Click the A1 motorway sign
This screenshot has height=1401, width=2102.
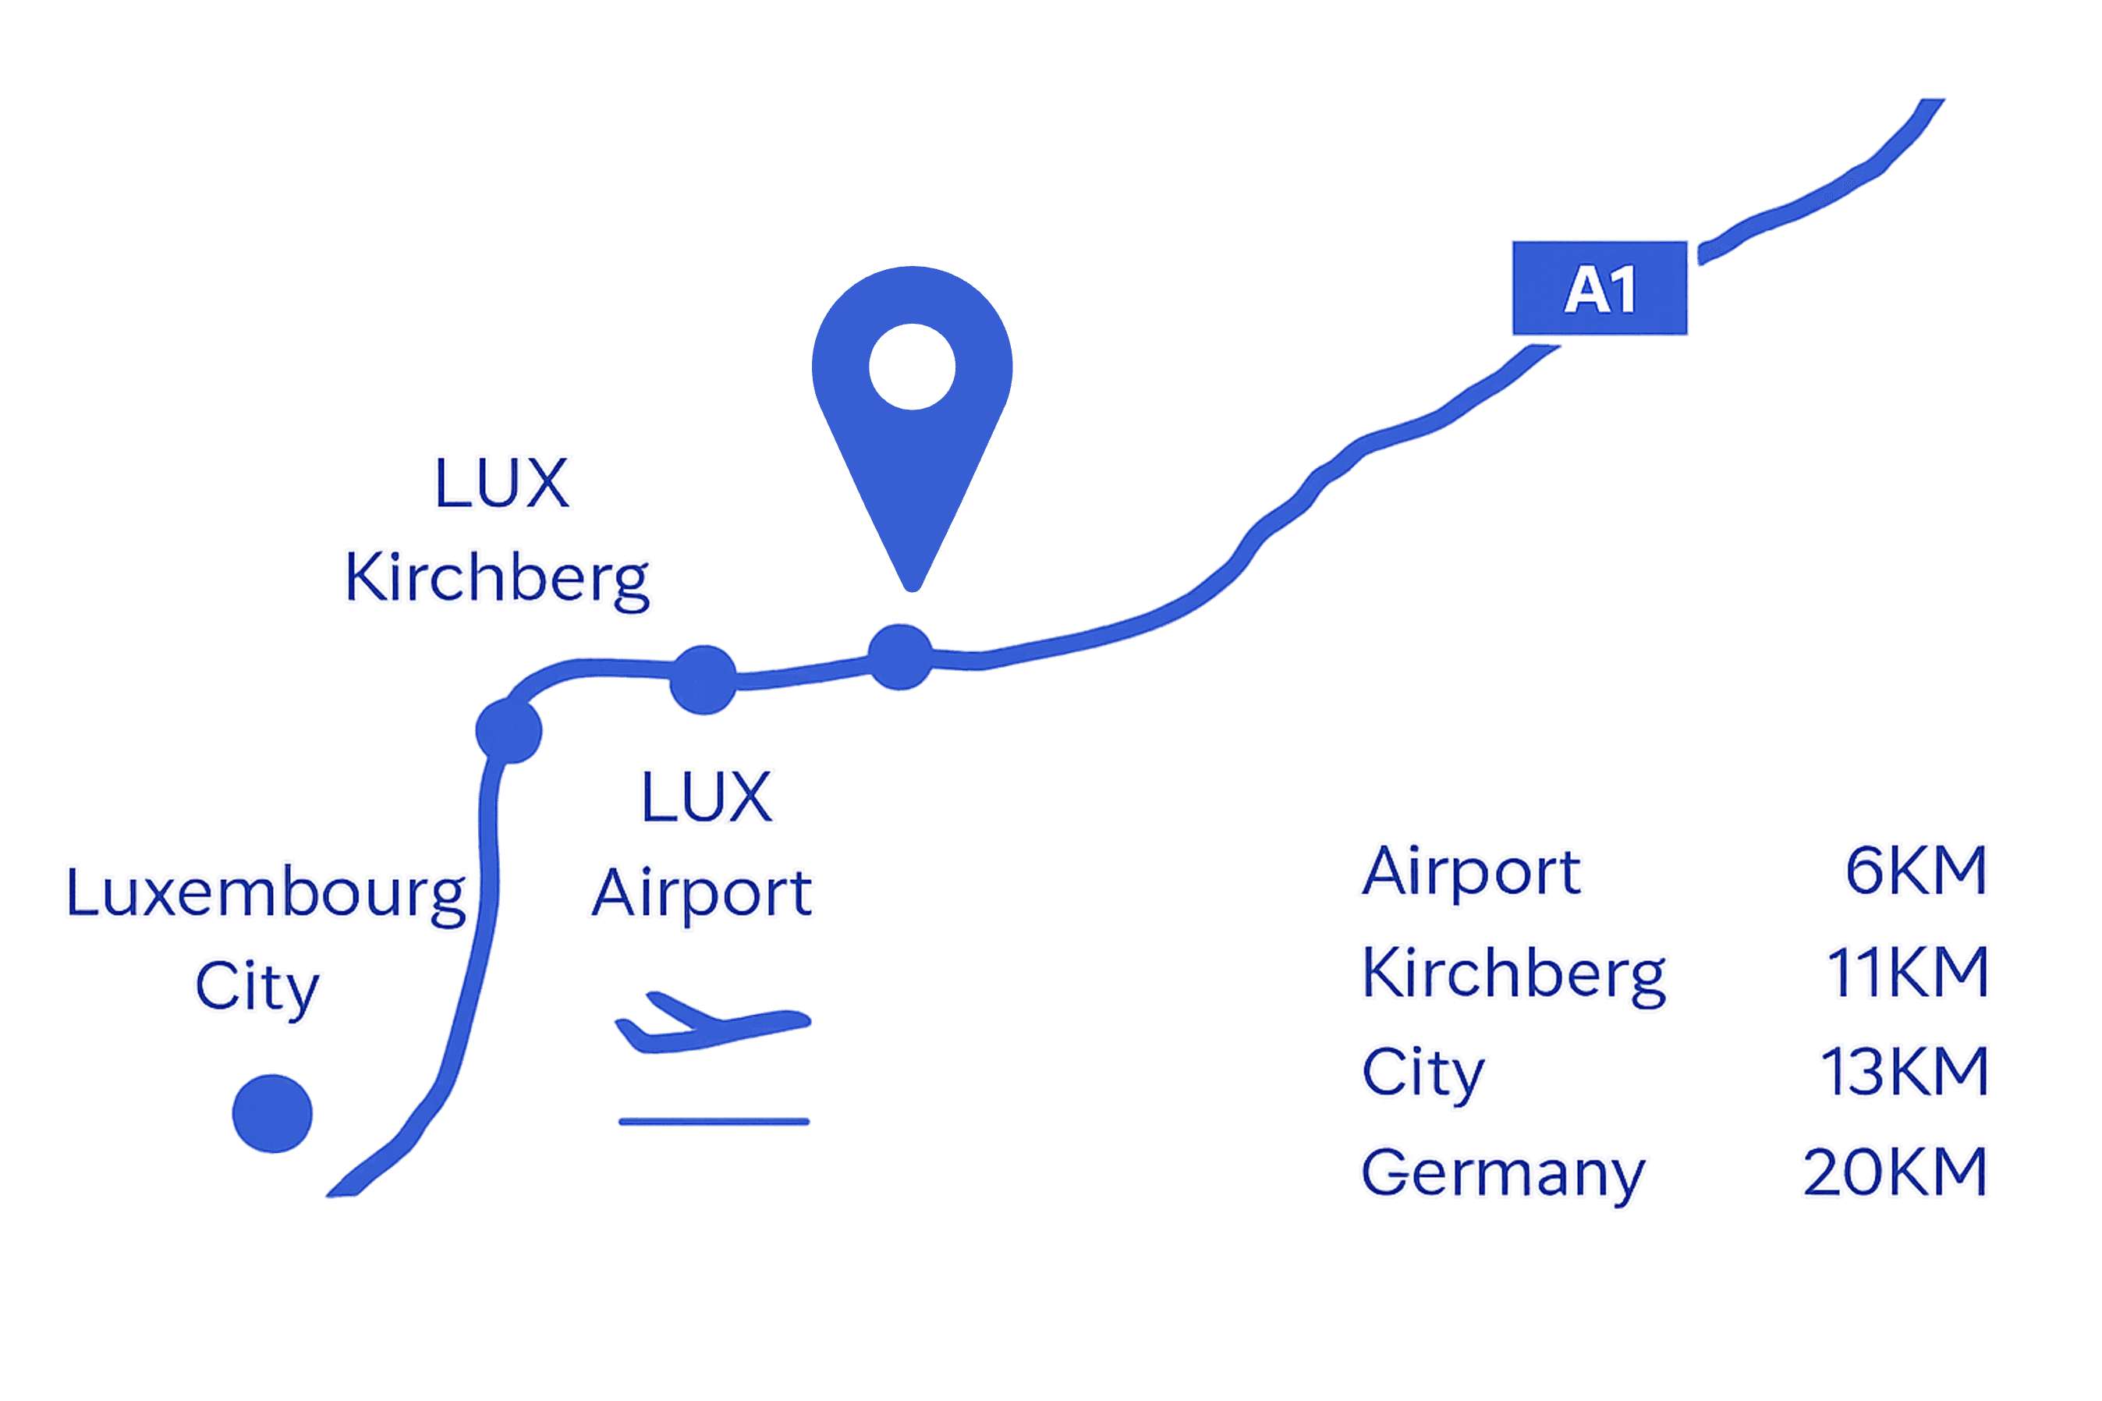(x=1599, y=289)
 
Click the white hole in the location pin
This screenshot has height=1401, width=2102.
(x=912, y=367)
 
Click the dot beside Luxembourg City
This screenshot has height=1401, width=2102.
(x=272, y=1113)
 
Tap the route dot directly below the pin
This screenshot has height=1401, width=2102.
(x=901, y=657)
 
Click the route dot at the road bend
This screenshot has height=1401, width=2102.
(x=509, y=731)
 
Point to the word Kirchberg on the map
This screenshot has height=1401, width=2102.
(x=498, y=581)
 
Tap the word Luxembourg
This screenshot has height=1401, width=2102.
(x=266, y=893)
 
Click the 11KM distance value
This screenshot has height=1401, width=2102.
(x=1906, y=971)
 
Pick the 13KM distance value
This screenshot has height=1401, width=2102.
(x=1904, y=1071)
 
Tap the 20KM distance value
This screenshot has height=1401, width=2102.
(x=1895, y=1172)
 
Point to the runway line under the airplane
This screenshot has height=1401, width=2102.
(x=714, y=1121)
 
